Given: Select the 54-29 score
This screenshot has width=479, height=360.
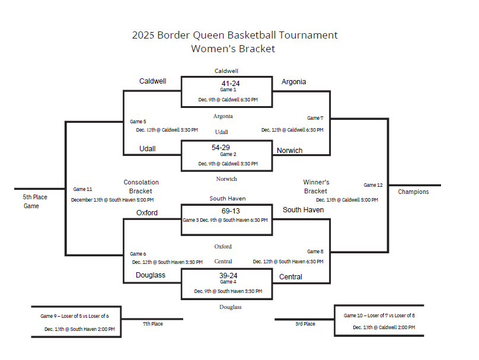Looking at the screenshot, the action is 221,147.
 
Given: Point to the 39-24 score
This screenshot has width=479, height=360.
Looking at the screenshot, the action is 228,276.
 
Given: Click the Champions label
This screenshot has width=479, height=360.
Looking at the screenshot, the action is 413,192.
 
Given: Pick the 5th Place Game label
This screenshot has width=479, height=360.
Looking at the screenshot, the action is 35,202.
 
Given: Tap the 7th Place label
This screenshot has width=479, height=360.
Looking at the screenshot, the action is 153,324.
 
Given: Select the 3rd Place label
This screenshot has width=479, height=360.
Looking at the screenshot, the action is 305,324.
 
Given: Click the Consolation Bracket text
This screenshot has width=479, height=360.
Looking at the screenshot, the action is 141,187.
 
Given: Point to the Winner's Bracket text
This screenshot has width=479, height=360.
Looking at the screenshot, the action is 316,187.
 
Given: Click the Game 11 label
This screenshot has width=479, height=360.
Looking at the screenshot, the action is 82,189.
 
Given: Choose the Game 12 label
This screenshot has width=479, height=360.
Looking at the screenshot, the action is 373,185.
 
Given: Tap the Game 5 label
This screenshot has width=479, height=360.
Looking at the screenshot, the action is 138,122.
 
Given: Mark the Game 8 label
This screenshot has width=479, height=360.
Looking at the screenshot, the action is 315,251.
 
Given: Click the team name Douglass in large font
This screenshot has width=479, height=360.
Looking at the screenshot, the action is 151,275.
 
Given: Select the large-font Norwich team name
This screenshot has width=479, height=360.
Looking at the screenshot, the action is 289,151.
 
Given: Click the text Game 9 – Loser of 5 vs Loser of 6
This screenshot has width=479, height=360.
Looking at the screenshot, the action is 75,316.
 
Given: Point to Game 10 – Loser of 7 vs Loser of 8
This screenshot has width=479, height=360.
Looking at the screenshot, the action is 379,316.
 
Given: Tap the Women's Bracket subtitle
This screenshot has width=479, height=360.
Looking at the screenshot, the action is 233,49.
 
